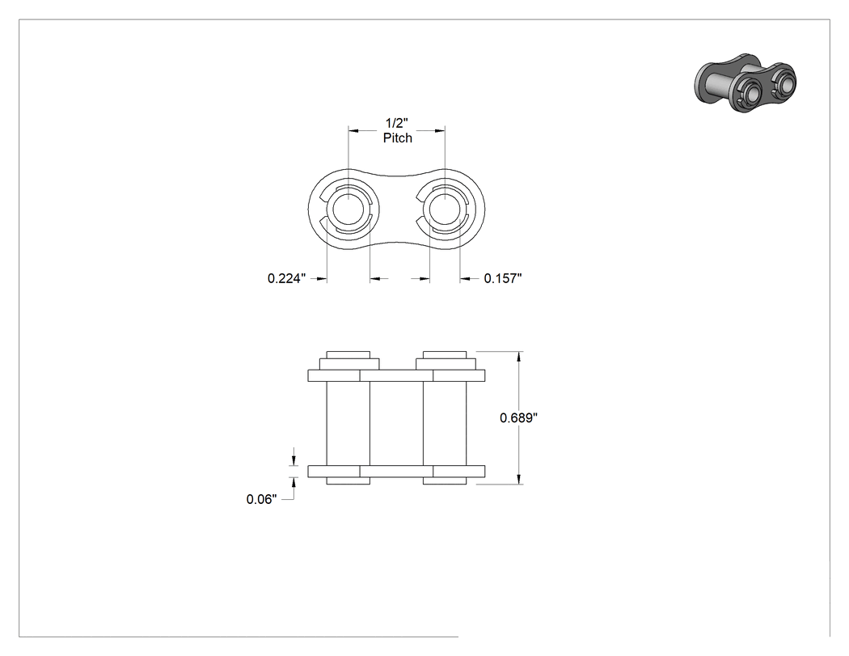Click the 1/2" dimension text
pos(397,123)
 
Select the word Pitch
pos(398,138)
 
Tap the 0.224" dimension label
pos(287,278)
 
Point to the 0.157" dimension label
pos(503,278)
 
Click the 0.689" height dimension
pos(519,417)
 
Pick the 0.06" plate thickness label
pos(261,499)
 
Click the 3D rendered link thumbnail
pos(745,83)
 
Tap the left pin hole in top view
pos(348,209)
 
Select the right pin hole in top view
pos(445,209)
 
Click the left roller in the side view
pos(348,424)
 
